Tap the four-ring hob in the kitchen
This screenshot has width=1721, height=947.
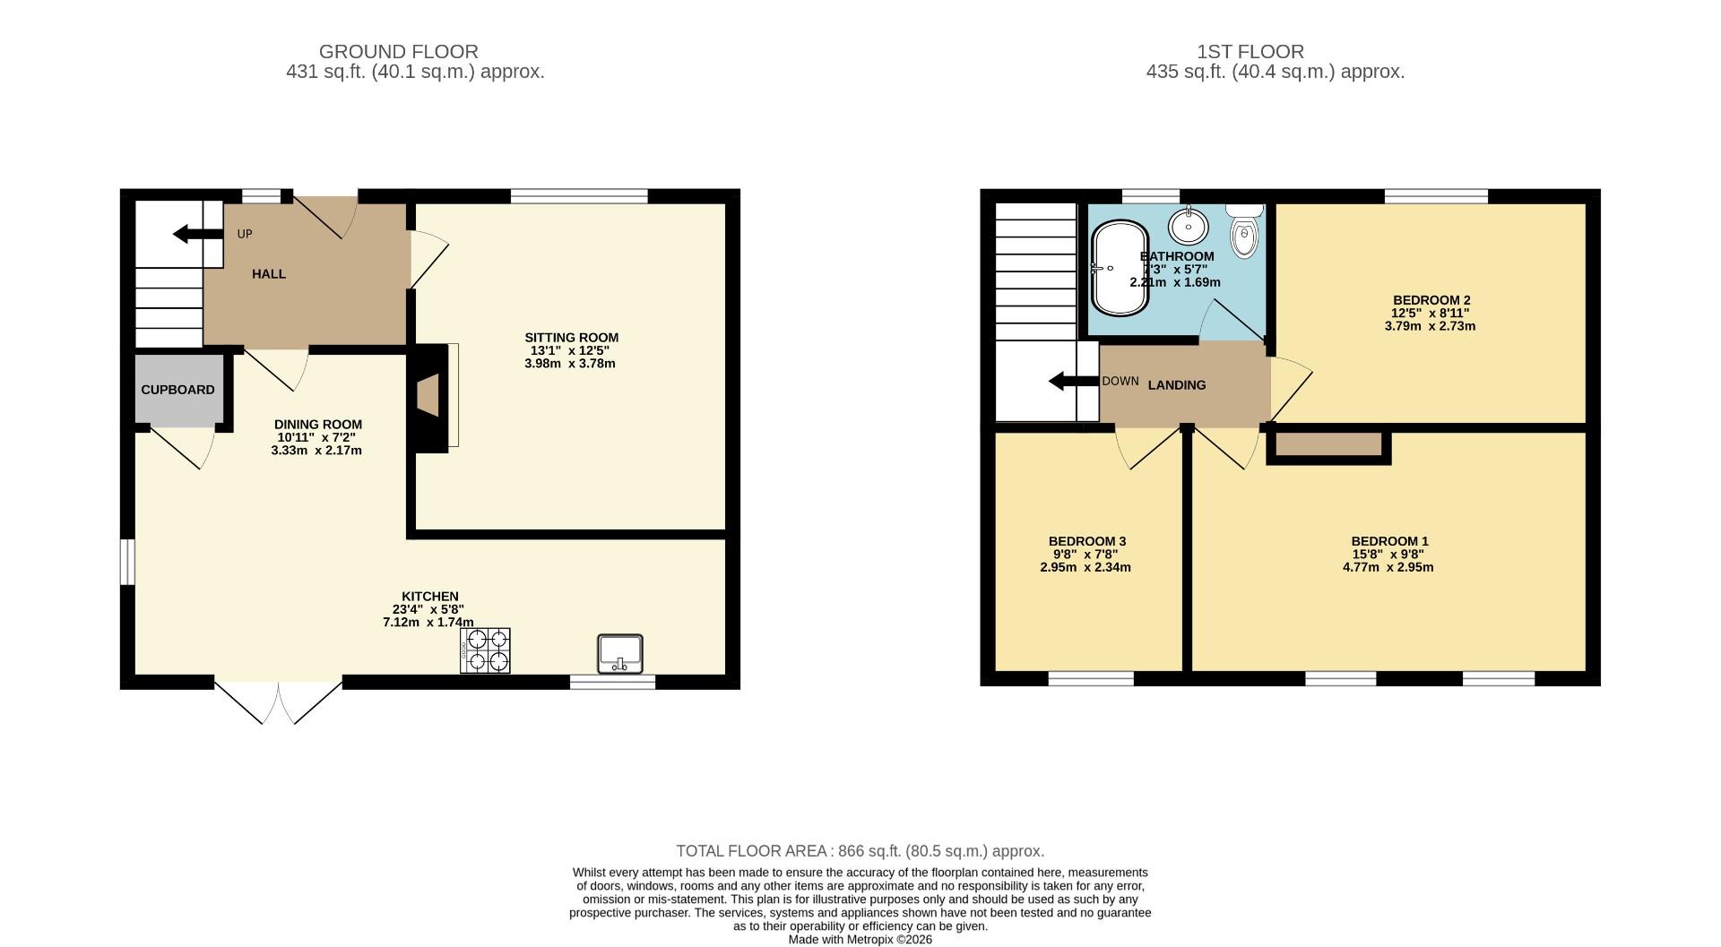point(486,650)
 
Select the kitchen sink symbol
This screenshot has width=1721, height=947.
point(619,653)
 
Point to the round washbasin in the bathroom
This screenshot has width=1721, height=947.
point(1189,225)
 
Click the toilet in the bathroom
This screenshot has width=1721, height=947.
point(1244,233)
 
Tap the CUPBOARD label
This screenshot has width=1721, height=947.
point(177,390)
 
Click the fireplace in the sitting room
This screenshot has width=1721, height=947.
point(430,395)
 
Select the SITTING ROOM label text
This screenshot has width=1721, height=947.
point(571,338)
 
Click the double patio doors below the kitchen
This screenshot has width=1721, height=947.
point(279,702)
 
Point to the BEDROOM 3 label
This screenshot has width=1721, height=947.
point(1086,541)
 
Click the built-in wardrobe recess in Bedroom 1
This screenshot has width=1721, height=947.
point(1328,445)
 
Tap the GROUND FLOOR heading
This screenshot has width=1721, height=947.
point(398,52)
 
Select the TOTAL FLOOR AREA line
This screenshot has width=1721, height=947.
point(860,851)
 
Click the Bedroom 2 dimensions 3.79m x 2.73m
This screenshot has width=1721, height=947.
point(1429,326)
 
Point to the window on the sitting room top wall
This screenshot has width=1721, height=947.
point(579,195)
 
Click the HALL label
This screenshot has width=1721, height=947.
point(268,274)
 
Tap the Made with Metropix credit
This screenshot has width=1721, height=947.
point(860,940)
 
